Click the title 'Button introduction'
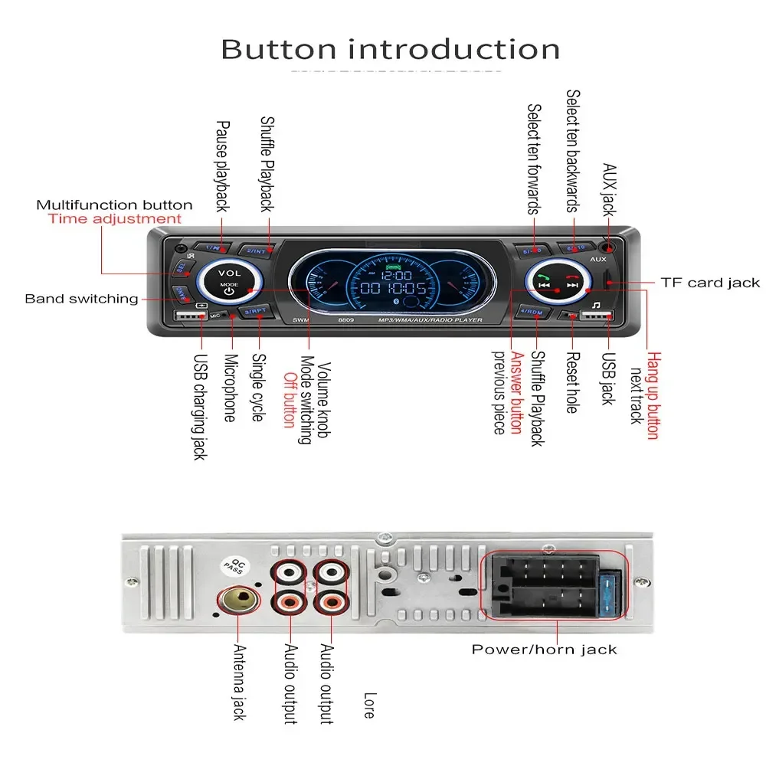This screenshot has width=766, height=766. click(x=390, y=50)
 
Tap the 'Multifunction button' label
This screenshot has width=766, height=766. click(x=114, y=205)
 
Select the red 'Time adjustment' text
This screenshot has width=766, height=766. click(x=114, y=219)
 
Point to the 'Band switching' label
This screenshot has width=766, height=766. click(x=81, y=299)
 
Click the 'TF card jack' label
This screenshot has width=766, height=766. click(x=710, y=283)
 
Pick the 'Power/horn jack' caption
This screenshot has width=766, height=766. click(x=544, y=650)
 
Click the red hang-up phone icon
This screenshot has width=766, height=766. click(x=571, y=280)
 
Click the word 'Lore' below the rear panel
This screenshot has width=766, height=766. click(x=368, y=705)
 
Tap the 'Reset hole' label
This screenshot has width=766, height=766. click(x=571, y=382)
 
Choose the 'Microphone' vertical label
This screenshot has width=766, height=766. click(x=229, y=386)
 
